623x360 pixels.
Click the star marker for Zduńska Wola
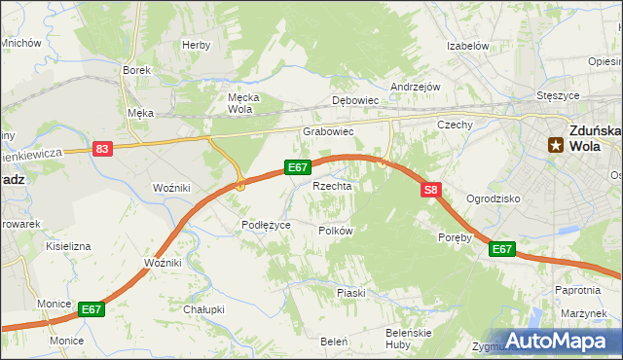click(x=555, y=145)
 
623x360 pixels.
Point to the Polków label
click(x=335, y=231)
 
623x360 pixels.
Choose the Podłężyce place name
click(x=266, y=225)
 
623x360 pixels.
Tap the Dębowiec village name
click(x=354, y=100)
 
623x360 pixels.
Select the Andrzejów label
click(x=416, y=87)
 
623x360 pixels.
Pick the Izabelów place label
click(x=466, y=46)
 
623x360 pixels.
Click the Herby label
click(x=196, y=46)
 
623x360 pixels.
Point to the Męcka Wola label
click(x=239, y=103)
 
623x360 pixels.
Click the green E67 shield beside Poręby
click(x=501, y=250)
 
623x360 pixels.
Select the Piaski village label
click(x=350, y=293)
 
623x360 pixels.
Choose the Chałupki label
click(x=204, y=309)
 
